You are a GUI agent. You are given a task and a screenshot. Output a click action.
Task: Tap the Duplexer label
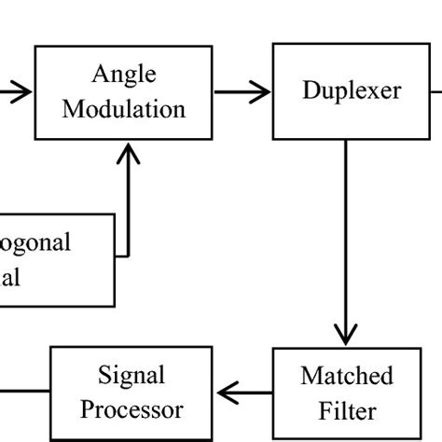(x=352, y=90)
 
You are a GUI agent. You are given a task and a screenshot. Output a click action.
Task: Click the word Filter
(x=347, y=410)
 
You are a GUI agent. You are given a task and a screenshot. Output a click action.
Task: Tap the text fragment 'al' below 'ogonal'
(x=11, y=277)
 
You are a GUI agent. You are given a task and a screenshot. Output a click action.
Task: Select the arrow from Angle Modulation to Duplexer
(x=242, y=91)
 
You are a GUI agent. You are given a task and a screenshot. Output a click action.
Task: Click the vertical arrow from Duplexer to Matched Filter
(x=346, y=242)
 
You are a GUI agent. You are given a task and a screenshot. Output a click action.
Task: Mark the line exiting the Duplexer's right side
(x=435, y=91)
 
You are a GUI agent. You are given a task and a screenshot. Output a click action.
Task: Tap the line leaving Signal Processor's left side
(x=24, y=393)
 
